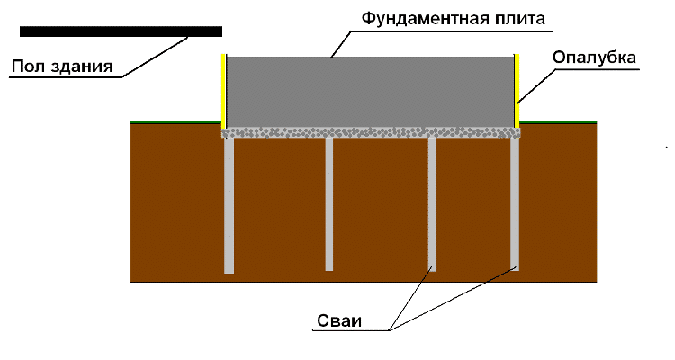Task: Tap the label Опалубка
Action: tap(594, 57)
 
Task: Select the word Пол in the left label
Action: tap(28, 67)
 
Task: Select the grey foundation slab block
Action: tap(370, 90)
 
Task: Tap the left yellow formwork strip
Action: tap(224, 90)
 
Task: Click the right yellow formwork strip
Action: tap(517, 90)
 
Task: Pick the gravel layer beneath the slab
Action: tap(370, 132)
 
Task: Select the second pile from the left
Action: tap(329, 202)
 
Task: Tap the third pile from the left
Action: tap(432, 202)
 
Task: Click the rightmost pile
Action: tap(515, 202)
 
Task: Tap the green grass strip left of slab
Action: tap(175, 121)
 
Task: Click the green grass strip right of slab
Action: tap(559, 121)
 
